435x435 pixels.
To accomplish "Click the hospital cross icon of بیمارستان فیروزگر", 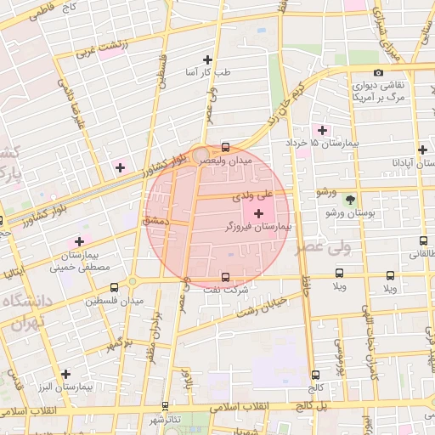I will click(258, 211).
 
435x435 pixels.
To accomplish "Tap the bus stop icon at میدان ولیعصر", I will click(225, 146).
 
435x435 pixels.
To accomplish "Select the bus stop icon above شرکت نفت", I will click(225, 277).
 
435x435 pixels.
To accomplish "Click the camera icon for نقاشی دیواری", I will click(378, 72).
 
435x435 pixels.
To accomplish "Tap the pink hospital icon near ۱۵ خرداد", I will click(321, 130).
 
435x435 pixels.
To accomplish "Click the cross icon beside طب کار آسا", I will click(207, 59).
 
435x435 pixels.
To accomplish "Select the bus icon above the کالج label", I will click(315, 374).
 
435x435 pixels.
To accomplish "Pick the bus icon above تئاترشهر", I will click(165, 406).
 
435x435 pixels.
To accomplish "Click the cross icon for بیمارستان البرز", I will click(65, 373).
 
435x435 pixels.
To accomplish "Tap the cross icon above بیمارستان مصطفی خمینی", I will click(79, 241).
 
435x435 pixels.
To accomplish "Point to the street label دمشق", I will click(156, 220).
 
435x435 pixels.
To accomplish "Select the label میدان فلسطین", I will click(107, 300).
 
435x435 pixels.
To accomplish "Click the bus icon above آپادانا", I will click(422, 150).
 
